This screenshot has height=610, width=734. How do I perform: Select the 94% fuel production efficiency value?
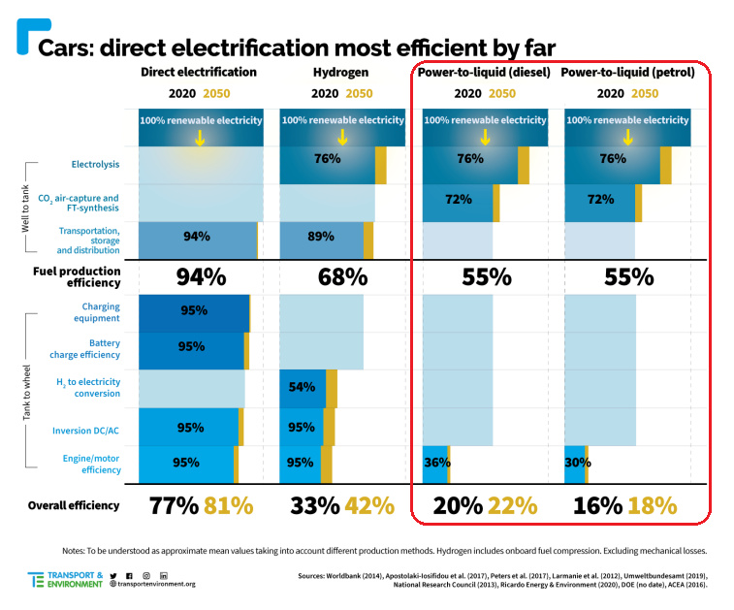[200, 276]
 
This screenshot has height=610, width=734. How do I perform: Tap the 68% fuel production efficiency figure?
[341, 276]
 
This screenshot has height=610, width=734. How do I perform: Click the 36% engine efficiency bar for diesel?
[435, 463]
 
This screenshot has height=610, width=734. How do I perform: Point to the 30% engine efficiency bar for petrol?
[576, 463]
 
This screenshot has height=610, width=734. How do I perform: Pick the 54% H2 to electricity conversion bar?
[303, 388]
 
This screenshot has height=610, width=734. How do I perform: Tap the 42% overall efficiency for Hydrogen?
[369, 505]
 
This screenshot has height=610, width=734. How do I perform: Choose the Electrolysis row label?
[95, 164]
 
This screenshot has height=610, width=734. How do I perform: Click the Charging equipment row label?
[94, 312]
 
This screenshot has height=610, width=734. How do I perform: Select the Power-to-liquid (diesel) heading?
[482, 72]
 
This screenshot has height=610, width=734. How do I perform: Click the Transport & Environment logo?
[64, 579]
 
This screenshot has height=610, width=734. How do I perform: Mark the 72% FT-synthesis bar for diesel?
[458, 199]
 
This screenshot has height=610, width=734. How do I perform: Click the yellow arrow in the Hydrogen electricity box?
[342, 137]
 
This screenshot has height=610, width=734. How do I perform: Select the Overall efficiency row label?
[74, 505]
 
